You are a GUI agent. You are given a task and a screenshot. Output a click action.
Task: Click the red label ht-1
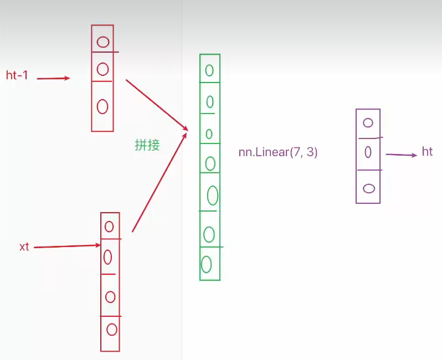click(x=17, y=76)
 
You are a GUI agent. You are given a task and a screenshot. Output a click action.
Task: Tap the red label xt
click(x=24, y=247)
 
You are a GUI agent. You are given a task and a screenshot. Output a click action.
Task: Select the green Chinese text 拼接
click(x=147, y=145)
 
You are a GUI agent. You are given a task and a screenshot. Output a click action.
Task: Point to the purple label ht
click(x=427, y=152)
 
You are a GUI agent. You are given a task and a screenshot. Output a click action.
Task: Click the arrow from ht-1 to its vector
click(x=53, y=79)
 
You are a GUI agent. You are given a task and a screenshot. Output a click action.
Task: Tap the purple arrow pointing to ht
click(x=401, y=155)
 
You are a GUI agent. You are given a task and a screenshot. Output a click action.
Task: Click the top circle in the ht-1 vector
click(x=103, y=42)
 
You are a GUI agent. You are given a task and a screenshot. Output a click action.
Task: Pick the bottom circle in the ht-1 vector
click(x=102, y=106)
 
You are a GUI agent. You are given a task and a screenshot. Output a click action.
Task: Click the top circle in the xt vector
click(x=109, y=226)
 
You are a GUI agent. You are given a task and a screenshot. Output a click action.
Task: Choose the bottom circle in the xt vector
click(x=112, y=330)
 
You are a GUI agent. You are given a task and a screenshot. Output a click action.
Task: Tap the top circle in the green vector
click(x=209, y=70)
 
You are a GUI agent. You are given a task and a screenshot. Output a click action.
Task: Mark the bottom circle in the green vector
click(x=206, y=264)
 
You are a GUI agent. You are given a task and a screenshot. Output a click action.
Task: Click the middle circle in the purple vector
click(x=368, y=152)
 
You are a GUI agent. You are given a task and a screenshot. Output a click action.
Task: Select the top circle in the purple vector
click(x=368, y=123)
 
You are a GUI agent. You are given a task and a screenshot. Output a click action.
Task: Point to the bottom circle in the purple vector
click(x=368, y=188)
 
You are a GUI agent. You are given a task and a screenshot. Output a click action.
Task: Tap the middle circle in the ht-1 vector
click(x=102, y=69)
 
